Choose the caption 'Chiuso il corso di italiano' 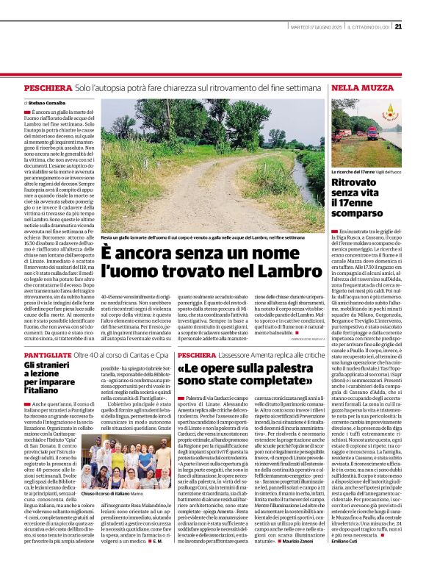[x=106, y=494]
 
